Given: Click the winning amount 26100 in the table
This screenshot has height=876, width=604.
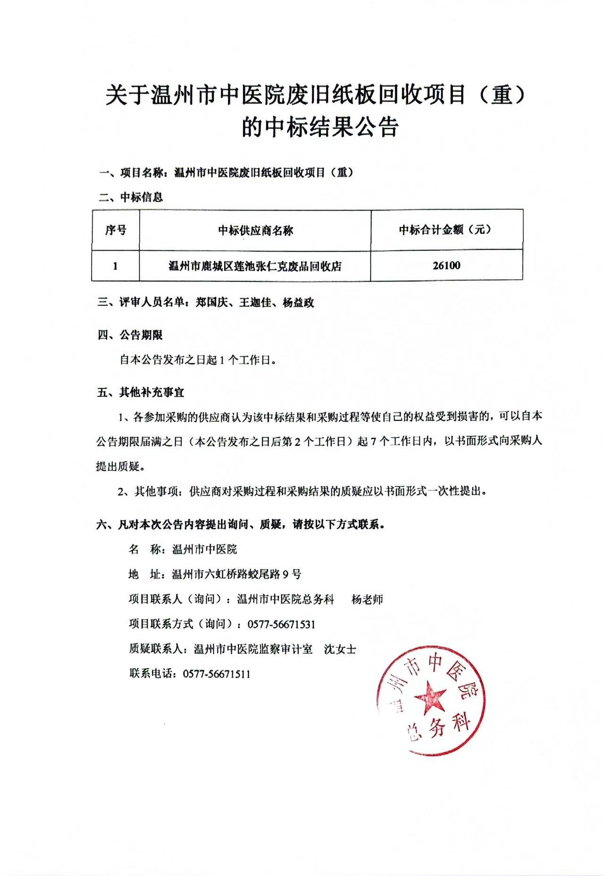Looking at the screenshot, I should point(446,266).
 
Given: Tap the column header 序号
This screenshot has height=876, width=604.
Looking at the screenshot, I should point(116,230).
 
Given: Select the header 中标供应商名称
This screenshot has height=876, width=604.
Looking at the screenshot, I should point(255,230).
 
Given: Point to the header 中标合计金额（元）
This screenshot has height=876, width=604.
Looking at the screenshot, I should point(446,230).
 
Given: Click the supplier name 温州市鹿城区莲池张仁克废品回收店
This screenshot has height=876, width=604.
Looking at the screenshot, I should point(255,266).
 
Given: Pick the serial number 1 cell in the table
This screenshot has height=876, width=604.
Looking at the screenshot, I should point(116,266).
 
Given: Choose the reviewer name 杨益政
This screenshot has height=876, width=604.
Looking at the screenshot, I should point(298,303).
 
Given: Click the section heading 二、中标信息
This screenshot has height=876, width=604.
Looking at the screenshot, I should point(131,197).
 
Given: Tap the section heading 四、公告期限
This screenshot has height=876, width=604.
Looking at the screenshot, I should point(130,335).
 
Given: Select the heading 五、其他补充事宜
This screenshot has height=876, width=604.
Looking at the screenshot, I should point(141,392).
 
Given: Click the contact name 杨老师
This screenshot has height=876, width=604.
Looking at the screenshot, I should point(367,600).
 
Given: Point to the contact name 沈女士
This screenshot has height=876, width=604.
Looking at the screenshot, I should point(340,649).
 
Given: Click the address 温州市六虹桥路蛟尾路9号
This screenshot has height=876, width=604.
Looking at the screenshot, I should point(237,575).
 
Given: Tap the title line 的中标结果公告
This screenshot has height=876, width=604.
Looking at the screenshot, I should point(320,127).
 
